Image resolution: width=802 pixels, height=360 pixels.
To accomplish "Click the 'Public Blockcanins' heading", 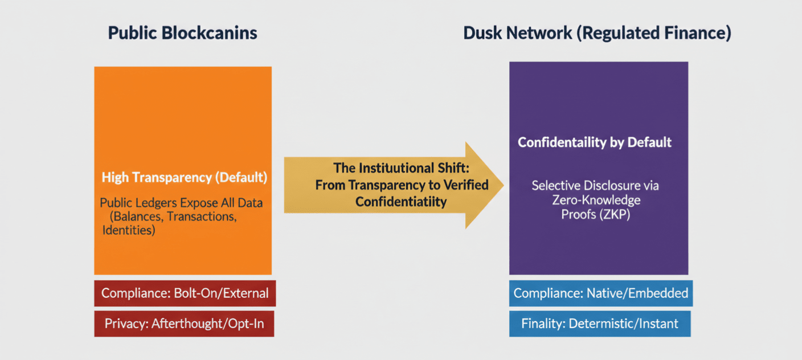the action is point(183,33).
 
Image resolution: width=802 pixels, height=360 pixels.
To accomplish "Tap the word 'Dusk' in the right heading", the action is point(481,33).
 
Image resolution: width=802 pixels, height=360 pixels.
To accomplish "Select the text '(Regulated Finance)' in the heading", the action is point(654,33).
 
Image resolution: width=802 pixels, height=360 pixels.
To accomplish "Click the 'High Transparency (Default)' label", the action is point(185,177).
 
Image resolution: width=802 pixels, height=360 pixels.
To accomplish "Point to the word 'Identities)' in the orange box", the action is point(129,230).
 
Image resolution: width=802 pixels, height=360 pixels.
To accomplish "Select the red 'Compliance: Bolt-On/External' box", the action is point(185,293).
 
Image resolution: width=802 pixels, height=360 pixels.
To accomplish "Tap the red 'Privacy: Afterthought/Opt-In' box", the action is point(184,324).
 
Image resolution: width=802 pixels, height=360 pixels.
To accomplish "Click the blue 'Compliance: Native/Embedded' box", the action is point(601,293).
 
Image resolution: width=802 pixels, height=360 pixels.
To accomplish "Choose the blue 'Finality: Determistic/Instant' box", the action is point(600,324).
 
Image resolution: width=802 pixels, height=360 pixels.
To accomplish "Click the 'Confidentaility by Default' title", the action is point(595,142).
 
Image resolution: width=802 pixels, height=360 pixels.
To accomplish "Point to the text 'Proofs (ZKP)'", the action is point(595,214).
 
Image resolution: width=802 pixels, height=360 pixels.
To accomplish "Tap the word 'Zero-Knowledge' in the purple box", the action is point(596,199).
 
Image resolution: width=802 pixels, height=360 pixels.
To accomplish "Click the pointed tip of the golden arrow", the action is point(504,185).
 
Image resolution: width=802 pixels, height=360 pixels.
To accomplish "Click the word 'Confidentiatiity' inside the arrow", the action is point(401,202).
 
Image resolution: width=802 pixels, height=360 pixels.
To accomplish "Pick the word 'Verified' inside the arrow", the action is point(466,185).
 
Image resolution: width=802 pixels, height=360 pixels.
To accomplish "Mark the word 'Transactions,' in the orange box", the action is point(202,216).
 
